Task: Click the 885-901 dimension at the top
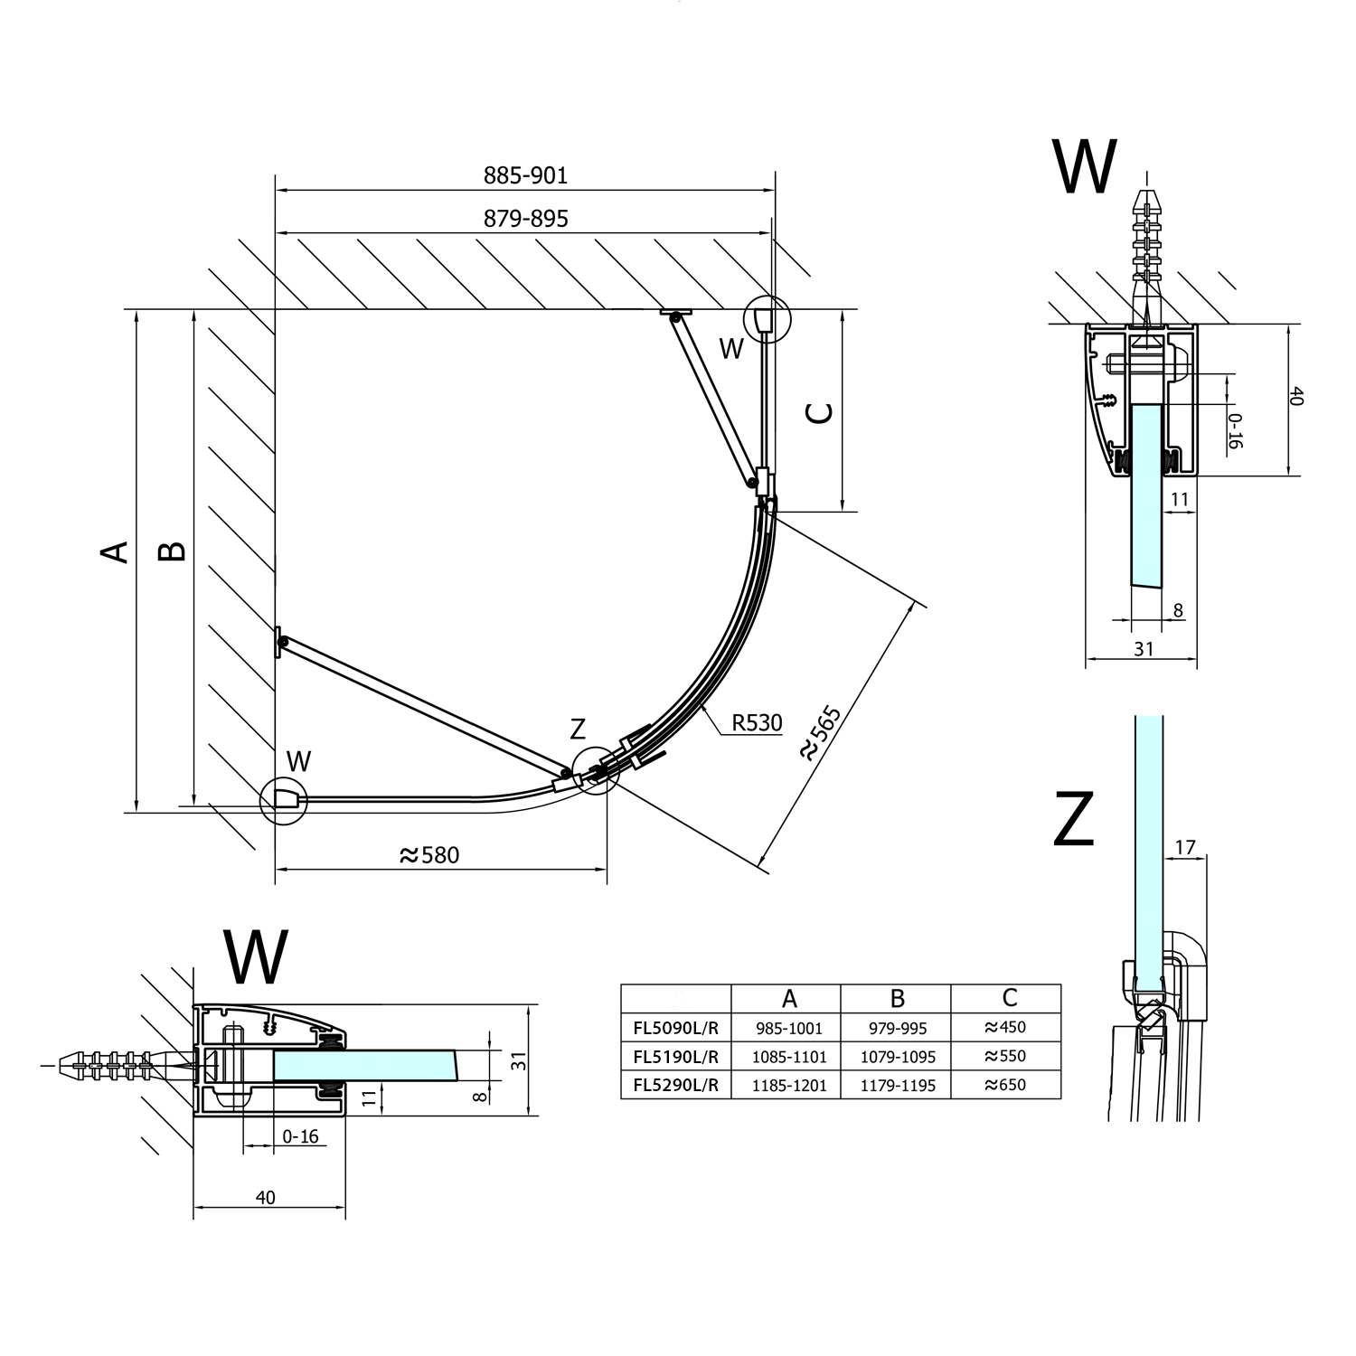tap(525, 175)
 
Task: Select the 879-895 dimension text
tap(525, 219)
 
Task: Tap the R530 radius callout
tap(757, 722)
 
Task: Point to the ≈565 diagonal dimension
tap(820, 733)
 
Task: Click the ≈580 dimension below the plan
tap(429, 855)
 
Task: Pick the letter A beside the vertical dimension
tap(115, 551)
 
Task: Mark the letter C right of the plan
tap(820, 412)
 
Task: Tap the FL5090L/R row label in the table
tap(675, 1028)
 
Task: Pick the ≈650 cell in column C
tap(1005, 1085)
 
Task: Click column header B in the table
tap(897, 998)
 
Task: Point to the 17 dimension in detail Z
tap(1184, 847)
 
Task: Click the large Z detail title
tap(1075, 819)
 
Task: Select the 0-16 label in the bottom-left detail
tap(300, 1136)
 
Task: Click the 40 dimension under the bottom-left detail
tap(265, 1198)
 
